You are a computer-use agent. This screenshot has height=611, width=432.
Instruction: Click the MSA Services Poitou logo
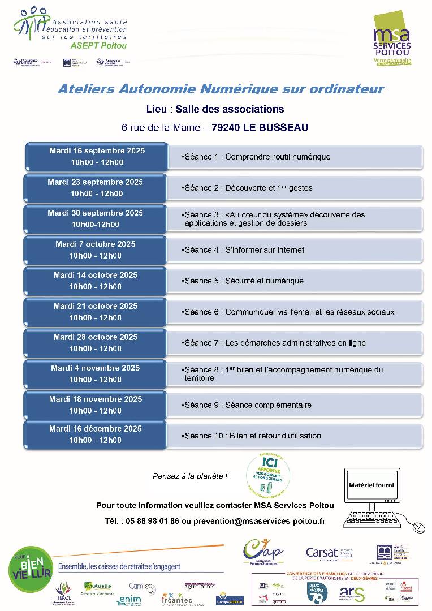(392, 39)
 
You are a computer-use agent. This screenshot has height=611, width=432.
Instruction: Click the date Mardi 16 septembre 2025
(97, 150)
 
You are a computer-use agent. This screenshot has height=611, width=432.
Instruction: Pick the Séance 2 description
(248, 188)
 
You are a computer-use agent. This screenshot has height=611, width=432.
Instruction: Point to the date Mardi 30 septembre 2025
(95, 213)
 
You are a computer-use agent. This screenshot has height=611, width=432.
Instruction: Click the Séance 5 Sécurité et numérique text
(244, 281)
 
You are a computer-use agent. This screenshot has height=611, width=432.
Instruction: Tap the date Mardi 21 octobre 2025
(96, 306)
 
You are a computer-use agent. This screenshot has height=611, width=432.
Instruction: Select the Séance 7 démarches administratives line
(274, 343)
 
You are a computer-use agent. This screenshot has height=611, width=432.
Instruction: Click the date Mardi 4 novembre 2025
(95, 368)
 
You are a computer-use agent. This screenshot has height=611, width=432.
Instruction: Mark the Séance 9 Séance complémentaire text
(248, 405)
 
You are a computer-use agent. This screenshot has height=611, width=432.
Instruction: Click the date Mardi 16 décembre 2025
(95, 429)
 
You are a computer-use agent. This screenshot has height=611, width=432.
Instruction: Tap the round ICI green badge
(267, 474)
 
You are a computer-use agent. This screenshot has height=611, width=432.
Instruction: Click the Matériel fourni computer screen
(371, 485)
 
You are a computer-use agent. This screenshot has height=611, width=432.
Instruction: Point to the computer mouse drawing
(418, 527)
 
